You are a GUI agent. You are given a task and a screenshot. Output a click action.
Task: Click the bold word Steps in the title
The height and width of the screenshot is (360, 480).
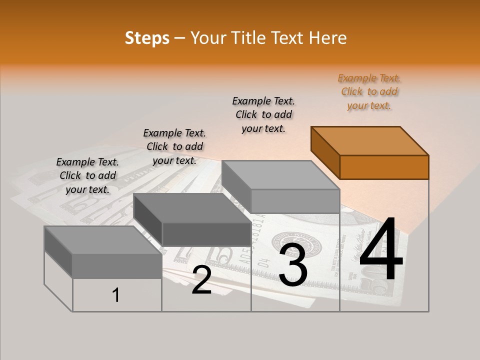point(147,38)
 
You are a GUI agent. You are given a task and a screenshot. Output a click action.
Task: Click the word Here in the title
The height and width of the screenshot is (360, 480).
point(328,38)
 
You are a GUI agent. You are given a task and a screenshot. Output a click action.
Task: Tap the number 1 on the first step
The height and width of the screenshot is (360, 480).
point(116,295)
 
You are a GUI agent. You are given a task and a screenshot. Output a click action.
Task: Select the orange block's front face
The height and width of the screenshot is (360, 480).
point(384,167)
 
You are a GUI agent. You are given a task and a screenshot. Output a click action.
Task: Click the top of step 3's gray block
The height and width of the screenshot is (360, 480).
point(280,174)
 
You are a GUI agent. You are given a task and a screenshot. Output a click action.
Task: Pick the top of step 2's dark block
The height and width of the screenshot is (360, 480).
point(192,208)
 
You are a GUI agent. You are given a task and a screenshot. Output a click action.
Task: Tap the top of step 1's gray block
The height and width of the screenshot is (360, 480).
point(102,240)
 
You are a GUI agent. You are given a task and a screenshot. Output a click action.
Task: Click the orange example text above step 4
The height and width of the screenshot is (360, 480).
point(369,91)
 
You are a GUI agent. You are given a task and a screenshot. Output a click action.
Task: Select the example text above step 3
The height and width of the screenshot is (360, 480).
point(263,114)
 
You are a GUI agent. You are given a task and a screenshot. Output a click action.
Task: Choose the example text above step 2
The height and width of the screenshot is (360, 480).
point(174,146)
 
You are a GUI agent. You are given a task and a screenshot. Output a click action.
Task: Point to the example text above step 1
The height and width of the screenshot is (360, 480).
point(87,175)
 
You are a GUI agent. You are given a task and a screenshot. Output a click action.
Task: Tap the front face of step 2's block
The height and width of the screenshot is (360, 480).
point(206,234)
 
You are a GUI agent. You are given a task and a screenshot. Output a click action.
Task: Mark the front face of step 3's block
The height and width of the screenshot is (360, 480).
point(295,201)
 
